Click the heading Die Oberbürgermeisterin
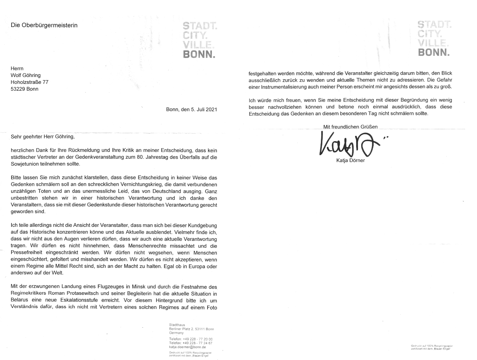pos(44,25)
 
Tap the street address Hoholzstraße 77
pos(29,82)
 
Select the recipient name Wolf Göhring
pos(26,75)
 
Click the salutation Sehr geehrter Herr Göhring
pos(43,137)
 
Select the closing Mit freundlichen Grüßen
pos(350,127)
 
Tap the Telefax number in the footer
pos(197,343)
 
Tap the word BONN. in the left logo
pos(199,55)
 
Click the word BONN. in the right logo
pos(434,53)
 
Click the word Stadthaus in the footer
pos(177,325)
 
